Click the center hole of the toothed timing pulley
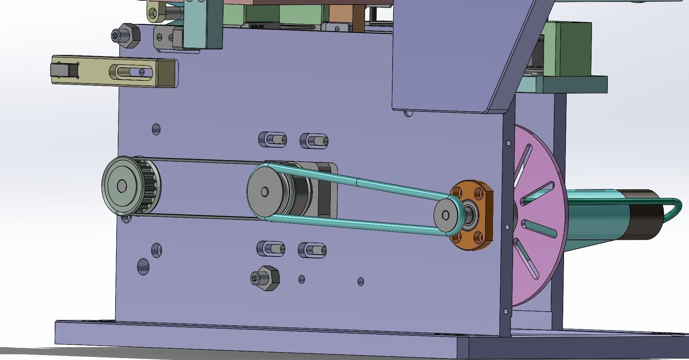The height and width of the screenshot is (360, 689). [122, 185]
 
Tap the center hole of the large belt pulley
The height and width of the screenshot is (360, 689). [265, 192]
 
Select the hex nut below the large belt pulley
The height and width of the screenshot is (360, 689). [265, 278]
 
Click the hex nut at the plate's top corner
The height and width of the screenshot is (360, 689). [126, 36]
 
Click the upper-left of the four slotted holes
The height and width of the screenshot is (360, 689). [273, 139]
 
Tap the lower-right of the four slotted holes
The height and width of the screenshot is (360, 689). [313, 250]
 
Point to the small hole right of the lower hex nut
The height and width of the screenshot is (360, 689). [302, 280]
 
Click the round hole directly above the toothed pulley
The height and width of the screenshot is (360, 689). [156, 129]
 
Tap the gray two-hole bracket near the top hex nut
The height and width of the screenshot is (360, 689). [166, 38]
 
